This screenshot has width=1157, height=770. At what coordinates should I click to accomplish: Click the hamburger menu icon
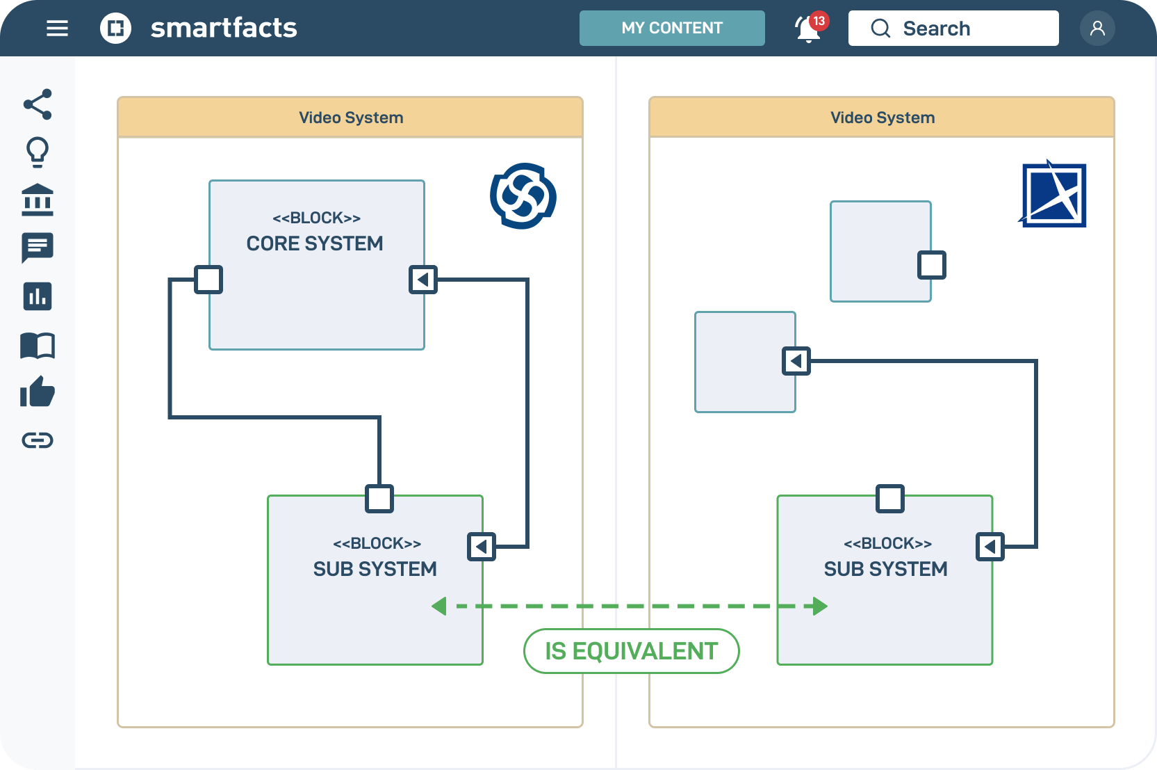coord(57,28)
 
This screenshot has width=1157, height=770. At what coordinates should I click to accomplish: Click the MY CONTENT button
coord(671,28)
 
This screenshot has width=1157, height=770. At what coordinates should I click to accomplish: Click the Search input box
coord(953,28)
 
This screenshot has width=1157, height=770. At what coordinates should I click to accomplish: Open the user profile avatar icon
coord(1097,28)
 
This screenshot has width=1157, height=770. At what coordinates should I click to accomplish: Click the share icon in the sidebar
coord(38,104)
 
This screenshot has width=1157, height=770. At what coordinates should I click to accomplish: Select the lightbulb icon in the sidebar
coord(38,152)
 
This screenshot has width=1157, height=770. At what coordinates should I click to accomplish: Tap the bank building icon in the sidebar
coord(38,200)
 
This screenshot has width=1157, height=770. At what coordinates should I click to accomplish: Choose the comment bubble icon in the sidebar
coord(38,248)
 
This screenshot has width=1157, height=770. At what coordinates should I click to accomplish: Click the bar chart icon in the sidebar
coord(38,296)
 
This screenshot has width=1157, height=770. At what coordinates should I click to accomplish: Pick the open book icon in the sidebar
coord(38,345)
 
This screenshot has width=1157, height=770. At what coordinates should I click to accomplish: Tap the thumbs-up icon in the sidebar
coord(38,392)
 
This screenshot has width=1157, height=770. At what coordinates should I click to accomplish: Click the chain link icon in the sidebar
coord(38,440)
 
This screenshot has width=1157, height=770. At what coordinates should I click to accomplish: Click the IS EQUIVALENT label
coord(631,651)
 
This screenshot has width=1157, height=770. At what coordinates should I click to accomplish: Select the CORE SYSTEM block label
coord(315,243)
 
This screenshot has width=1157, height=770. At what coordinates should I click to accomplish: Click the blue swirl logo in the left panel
coord(523,196)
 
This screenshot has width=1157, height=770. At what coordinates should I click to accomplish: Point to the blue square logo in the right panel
coord(1053,195)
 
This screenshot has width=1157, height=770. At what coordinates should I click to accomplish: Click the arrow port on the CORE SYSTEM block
coord(423,280)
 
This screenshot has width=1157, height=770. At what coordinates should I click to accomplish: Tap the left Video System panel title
coord(351,118)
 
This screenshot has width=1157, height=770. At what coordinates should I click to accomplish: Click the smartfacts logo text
coord(224,28)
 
